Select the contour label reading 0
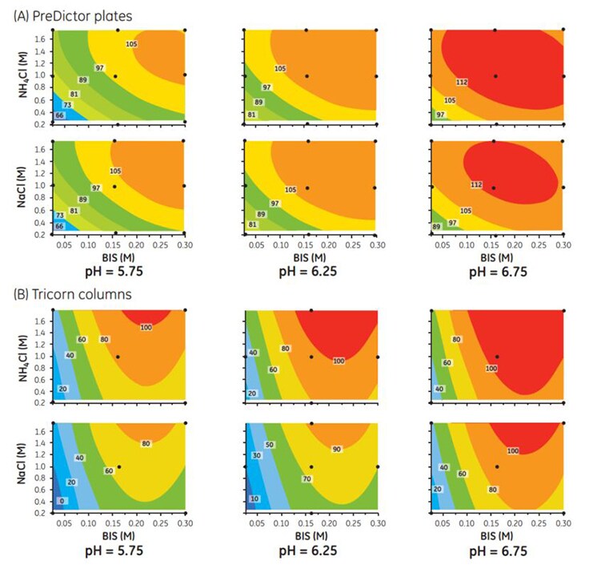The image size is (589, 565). coord(62,501)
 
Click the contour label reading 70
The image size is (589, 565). coord(307,479)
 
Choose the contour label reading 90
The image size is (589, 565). coord(336,450)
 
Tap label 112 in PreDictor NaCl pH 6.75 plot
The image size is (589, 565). coord(476,185)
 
